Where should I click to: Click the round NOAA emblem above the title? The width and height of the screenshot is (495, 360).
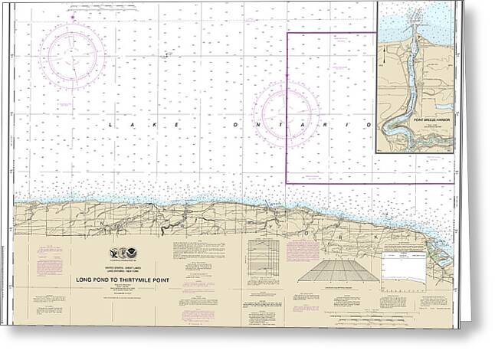point(129,253)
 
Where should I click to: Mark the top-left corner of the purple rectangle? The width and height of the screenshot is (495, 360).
point(287,34)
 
